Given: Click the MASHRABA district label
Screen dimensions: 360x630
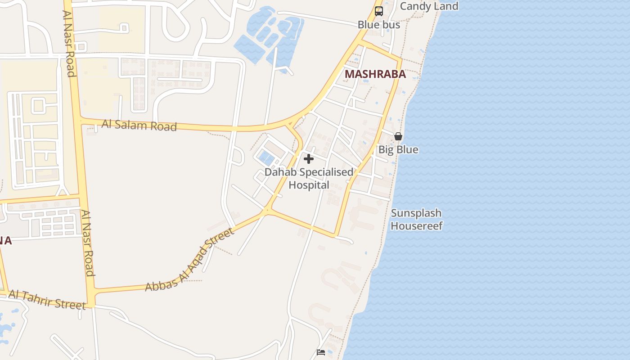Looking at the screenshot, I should [375, 74].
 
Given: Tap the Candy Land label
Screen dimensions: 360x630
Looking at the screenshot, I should [429, 6].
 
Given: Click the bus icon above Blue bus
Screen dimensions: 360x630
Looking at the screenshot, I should [379, 11].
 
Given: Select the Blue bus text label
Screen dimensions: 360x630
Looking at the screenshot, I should [379, 25].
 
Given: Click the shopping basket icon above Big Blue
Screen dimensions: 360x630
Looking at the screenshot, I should [398, 136].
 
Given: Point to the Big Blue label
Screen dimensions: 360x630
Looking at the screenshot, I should [398, 149].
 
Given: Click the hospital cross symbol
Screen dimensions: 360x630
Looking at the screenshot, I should [309, 159].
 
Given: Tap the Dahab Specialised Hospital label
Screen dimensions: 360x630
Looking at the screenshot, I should [309, 178].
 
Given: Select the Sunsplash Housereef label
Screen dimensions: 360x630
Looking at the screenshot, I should [416, 219].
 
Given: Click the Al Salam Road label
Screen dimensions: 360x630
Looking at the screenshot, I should [139, 125].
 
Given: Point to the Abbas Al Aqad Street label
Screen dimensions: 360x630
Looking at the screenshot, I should [189, 260].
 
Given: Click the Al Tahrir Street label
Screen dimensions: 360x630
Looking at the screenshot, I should [47, 300].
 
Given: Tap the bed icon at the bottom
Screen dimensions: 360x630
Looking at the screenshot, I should [321, 352].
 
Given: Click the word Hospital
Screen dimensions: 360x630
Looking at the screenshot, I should [309, 185].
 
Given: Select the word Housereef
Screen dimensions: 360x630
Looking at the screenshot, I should [416, 225].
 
